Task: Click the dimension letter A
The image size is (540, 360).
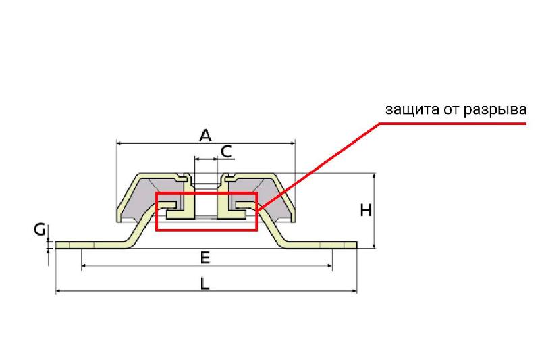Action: click(205, 135)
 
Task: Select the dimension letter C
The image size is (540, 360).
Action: click(226, 151)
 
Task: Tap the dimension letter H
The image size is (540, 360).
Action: click(366, 210)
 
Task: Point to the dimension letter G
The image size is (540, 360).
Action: click(40, 230)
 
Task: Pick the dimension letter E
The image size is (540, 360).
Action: click(205, 258)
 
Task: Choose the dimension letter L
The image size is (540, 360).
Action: click(205, 284)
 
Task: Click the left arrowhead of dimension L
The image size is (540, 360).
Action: click(58, 291)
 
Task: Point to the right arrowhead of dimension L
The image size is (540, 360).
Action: click(354, 291)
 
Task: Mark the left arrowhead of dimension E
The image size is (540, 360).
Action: click(84, 265)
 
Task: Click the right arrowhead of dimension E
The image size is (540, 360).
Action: click(329, 265)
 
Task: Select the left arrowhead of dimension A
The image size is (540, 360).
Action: click(120, 143)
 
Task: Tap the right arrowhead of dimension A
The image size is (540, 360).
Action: click(292, 143)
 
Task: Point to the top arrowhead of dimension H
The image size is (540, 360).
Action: click(375, 176)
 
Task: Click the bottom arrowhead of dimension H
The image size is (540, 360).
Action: click(375, 245)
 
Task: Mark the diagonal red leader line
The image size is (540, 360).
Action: click(319, 165)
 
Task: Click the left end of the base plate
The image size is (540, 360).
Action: click(56, 245)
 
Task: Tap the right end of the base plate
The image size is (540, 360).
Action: click(357, 245)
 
